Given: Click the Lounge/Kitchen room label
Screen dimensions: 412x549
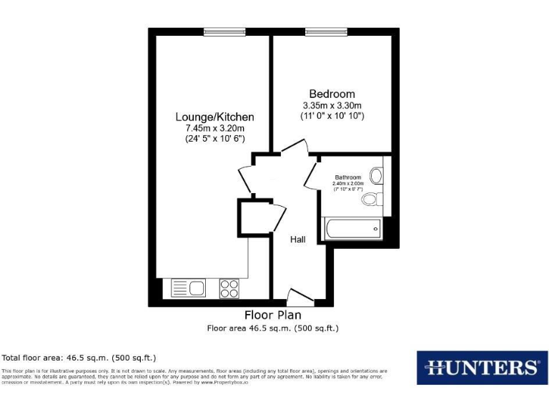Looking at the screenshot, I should (x=215, y=117).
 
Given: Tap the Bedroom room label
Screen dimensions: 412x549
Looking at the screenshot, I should (x=332, y=94).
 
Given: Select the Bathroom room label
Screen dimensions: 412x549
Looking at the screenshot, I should (x=348, y=177).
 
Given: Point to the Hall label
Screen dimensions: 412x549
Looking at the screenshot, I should (x=297, y=240).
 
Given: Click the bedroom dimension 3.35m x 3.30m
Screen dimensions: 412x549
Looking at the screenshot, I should (x=332, y=105).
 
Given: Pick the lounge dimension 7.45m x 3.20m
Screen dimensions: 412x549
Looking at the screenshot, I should (x=215, y=128).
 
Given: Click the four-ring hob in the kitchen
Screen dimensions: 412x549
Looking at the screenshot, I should (x=229, y=288).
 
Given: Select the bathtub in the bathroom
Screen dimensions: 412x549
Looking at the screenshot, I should (x=353, y=229).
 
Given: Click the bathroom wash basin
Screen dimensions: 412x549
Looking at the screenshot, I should (x=377, y=174).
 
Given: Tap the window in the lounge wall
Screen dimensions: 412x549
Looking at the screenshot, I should (x=214, y=31).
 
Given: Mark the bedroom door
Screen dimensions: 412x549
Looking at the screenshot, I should (x=294, y=147).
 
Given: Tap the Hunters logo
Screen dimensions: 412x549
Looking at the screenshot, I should (x=482, y=368).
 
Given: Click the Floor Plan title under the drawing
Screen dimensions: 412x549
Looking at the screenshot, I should (x=272, y=315).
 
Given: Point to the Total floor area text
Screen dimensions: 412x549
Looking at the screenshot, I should (x=79, y=357).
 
